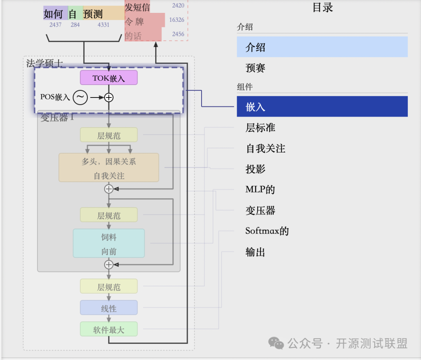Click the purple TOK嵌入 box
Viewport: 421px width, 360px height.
[109, 78]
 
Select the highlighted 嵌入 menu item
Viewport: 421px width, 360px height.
[322, 106]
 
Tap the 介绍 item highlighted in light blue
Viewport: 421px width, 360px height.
[322, 47]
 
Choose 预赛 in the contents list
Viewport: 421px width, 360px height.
[256, 68]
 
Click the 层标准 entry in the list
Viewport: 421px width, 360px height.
[260, 128]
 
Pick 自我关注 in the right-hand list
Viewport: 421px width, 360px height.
[265, 149]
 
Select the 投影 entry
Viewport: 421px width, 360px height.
[256, 169]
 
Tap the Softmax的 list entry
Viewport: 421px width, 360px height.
[267, 231]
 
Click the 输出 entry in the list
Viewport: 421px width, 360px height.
[256, 252]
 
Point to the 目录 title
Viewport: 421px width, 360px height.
[323, 7]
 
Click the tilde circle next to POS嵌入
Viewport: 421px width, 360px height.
[81, 98]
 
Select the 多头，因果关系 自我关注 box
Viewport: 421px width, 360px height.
[109, 167]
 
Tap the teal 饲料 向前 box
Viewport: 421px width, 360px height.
[109, 243]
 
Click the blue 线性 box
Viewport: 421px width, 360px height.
[109, 308]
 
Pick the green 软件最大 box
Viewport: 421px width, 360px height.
[109, 329]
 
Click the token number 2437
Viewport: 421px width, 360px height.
[55, 25]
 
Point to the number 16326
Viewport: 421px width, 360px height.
[177, 20]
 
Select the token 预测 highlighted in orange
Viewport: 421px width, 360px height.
[93, 14]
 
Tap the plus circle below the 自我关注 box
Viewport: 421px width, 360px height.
[109, 189]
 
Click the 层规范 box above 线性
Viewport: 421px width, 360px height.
[109, 287]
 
